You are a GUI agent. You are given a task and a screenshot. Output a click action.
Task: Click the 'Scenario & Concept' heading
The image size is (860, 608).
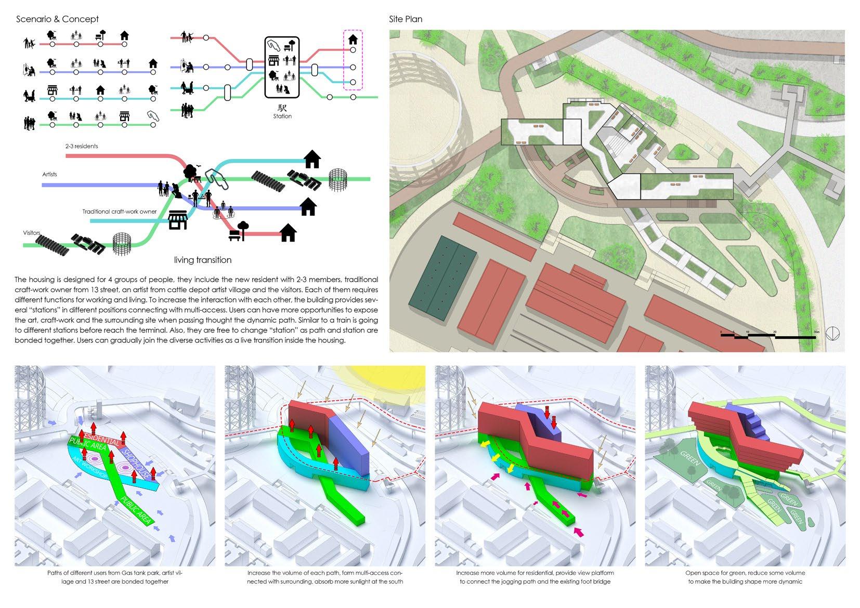coord(57,19)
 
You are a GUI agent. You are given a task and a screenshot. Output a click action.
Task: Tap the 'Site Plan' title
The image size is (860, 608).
coord(406,19)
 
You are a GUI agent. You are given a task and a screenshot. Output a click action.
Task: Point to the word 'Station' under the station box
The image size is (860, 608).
coord(282,116)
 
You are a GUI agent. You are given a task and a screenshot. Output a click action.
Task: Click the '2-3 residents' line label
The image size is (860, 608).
coord(82,146)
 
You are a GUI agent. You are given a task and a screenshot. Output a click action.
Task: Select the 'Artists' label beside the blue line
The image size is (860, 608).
coord(50,174)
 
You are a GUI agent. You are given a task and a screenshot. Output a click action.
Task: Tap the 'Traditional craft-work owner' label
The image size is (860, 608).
coord(119,212)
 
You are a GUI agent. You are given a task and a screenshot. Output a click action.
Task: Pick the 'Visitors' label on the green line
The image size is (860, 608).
coord(32,232)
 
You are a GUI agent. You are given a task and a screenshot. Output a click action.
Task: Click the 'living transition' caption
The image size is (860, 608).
coord(203,260)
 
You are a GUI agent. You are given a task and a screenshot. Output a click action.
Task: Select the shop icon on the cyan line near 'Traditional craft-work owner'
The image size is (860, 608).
coord(178,220)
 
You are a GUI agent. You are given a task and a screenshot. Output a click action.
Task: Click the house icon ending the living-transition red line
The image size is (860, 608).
coord(288,233)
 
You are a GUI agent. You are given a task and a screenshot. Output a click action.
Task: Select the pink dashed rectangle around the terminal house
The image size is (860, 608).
coord(353,60)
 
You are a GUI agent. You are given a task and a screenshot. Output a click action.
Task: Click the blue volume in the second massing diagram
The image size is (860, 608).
coord(349,437)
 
